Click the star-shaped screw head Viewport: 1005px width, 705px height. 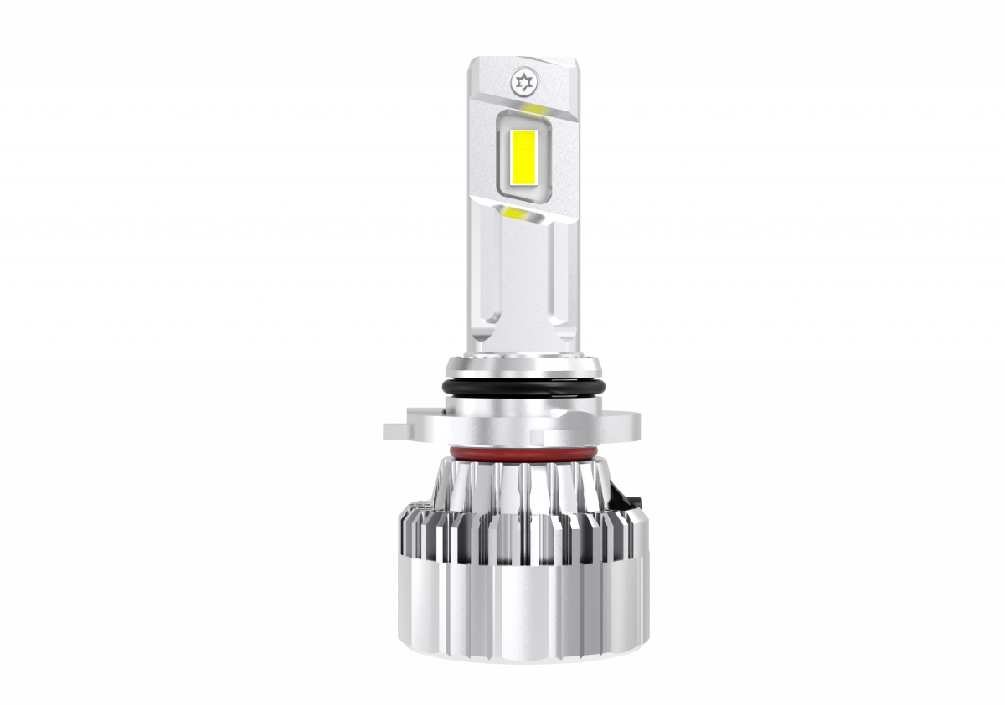coord(525,82)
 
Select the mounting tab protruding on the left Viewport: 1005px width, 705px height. coord(400,430)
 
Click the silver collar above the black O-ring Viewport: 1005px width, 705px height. coord(523,367)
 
